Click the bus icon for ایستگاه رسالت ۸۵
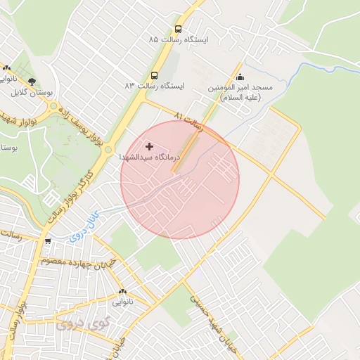click(178, 30)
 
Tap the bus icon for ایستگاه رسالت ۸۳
click(154, 75)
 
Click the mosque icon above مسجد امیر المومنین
click(240, 77)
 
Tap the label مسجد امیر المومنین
click(240, 92)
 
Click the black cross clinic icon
click(149, 146)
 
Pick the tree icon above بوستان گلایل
click(31, 82)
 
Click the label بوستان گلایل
click(31, 93)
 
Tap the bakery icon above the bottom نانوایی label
click(123, 291)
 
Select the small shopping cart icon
click(47, 241)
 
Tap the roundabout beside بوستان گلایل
click(53, 107)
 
